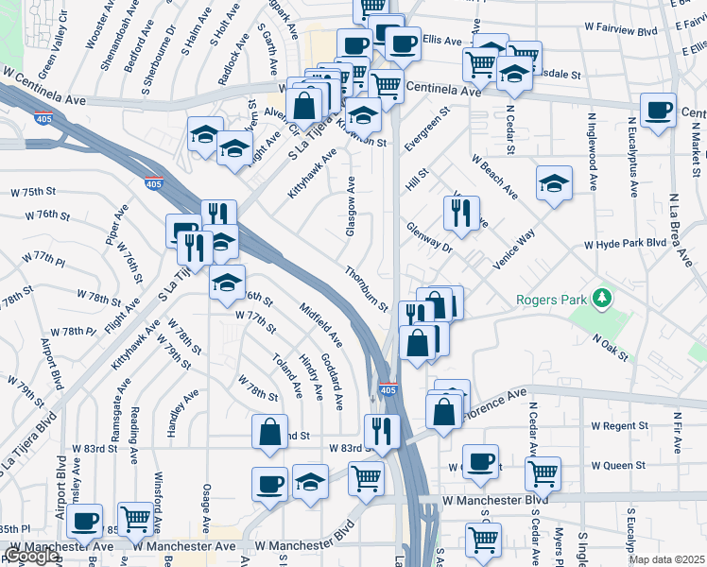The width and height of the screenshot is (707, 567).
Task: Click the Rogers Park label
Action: point(549,301)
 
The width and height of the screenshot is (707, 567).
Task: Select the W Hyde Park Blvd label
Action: point(625,243)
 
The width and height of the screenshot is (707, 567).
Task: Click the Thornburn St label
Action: point(366,289)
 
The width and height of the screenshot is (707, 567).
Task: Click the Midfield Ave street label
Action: point(319,324)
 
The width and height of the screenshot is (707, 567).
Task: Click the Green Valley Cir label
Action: point(53,59)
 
